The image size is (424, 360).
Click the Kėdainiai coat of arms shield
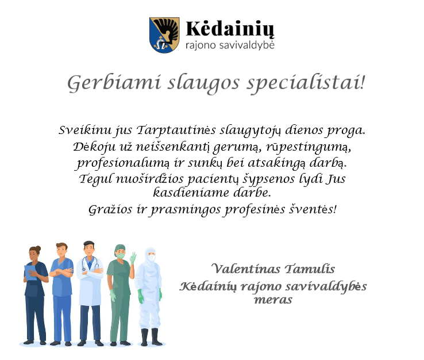(164, 35)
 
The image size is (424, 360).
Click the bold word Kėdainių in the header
(230, 29)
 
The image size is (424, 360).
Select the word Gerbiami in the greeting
(114, 83)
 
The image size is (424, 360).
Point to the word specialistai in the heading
(306, 83)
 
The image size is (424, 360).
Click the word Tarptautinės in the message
(176, 130)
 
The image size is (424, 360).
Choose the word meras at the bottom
(273, 300)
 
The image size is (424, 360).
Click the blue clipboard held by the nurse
(30, 273)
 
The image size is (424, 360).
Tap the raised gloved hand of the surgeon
(133, 258)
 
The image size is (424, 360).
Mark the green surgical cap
(120, 248)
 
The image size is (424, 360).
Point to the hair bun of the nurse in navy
(38, 248)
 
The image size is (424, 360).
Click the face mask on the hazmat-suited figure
(152, 258)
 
